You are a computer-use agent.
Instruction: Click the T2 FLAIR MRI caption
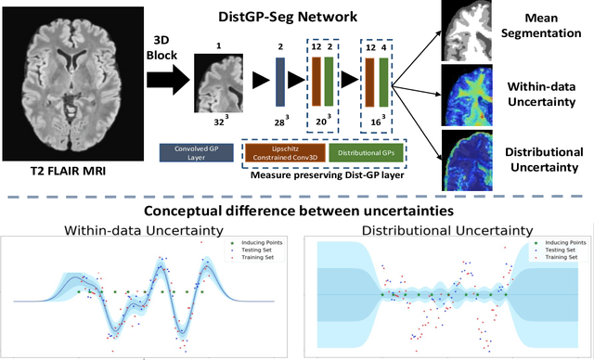point(76,172)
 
